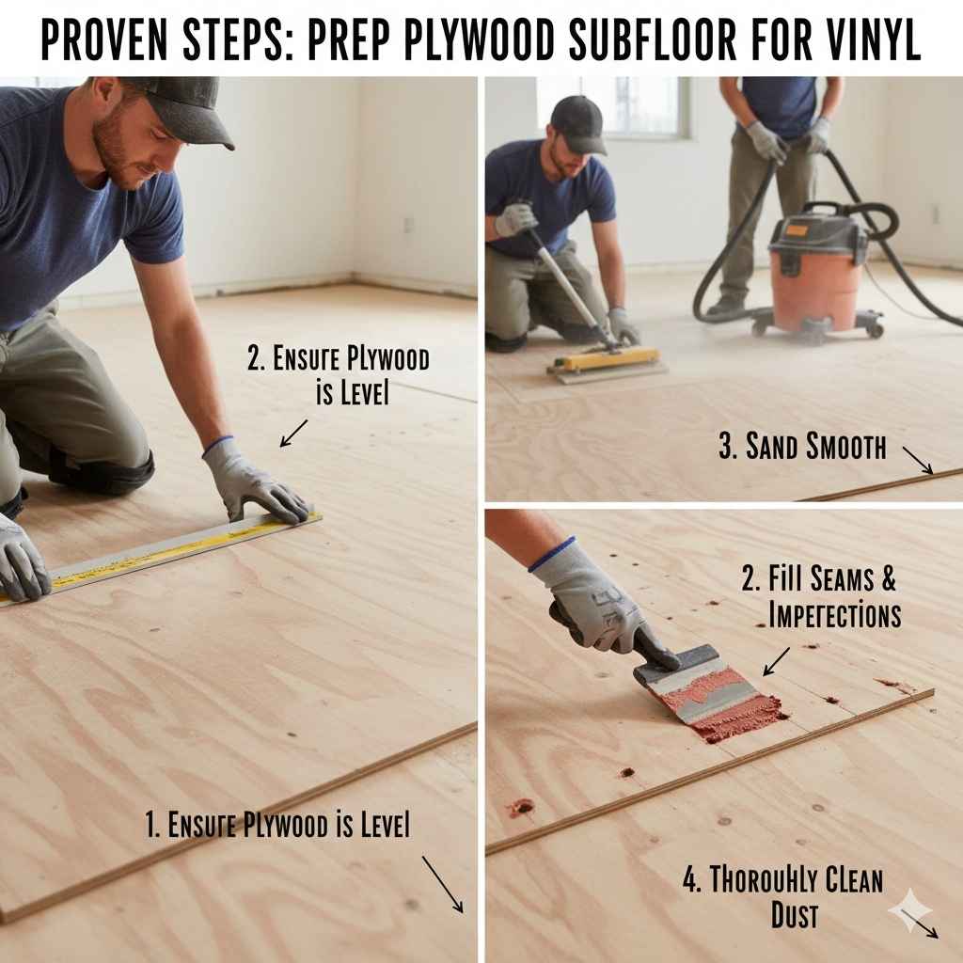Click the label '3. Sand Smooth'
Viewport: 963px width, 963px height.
click(x=802, y=447)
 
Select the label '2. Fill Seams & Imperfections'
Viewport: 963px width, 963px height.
click(x=821, y=596)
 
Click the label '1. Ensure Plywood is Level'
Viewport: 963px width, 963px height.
click(x=278, y=826)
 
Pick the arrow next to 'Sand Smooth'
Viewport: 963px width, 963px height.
click(x=918, y=460)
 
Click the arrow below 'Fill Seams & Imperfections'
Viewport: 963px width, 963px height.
click(x=776, y=661)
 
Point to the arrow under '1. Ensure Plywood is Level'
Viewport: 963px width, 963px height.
click(x=442, y=884)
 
